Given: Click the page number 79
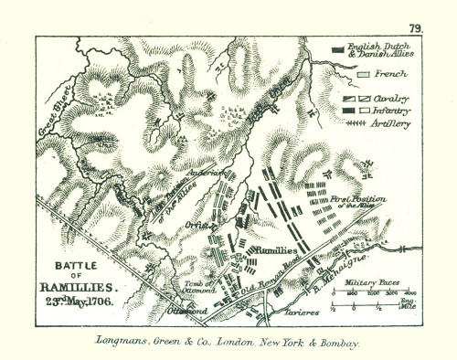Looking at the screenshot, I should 416,28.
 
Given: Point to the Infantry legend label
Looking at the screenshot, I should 388,109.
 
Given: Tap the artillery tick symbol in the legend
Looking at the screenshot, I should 344,121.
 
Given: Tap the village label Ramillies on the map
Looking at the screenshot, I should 275,249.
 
